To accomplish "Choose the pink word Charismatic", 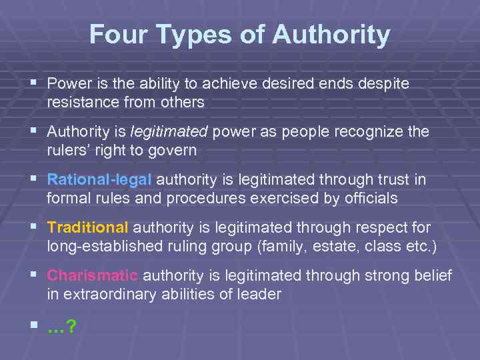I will click(x=93, y=276).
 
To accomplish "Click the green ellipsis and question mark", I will click(x=62, y=327).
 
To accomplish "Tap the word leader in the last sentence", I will click(x=260, y=295).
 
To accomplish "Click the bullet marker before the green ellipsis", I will click(x=35, y=327).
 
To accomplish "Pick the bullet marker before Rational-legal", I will click(x=35, y=179).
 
